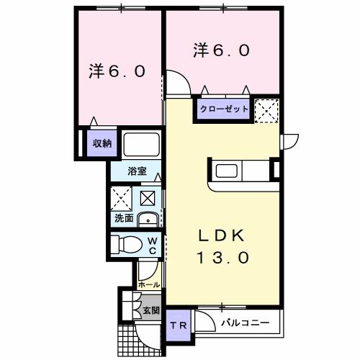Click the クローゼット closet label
pos(224,109)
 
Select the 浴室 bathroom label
pos(137,171)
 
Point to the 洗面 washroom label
pos(122,218)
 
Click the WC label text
pos(153,245)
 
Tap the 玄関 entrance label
pos(150,310)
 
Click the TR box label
pos(178,325)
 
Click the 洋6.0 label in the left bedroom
pos(117,71)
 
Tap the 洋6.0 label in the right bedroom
pos(221,50)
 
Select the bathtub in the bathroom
pos(141,144)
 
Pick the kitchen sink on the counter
pos(226,173)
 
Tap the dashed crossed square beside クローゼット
pos(266,109)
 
